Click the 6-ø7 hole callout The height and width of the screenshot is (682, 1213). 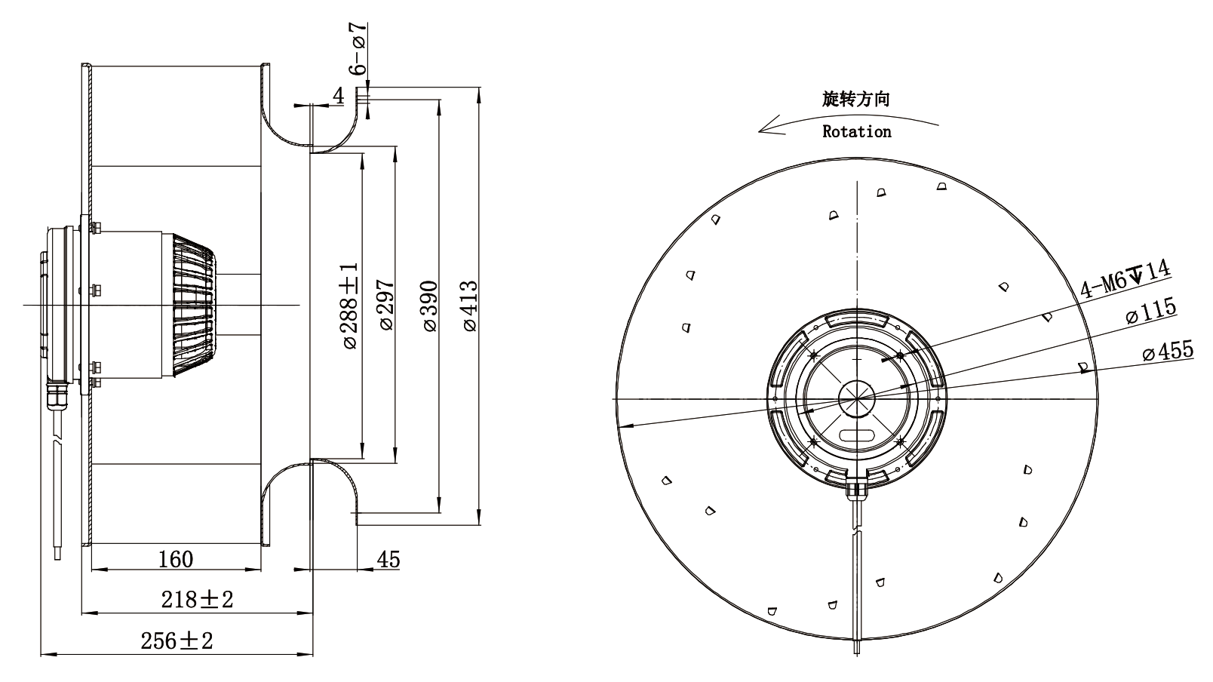click(x=358, y=49)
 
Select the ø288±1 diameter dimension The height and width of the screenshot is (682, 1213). click(x=350, y=306)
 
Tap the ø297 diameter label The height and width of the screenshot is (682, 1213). click(x=387, y=305)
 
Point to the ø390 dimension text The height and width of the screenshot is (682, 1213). click(x=429, y=306)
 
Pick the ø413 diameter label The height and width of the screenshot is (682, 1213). click(x=470, y=306)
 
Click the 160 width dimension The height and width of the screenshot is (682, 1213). click(x=176, y=559)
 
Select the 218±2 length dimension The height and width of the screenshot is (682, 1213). click(x=197, y=600)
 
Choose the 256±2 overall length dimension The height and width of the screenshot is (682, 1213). click(x=177, y=641)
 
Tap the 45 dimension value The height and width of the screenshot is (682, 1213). click(x=388, y=560)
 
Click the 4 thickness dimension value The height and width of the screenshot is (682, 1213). click(x=339, y=96)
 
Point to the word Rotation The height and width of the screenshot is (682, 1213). click(x=857, y=131)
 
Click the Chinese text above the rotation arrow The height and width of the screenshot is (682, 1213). click(x=855, y=99)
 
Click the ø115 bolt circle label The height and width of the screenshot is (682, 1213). click(x=1150, y=310)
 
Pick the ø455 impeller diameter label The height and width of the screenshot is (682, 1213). click(x=1168, y=351)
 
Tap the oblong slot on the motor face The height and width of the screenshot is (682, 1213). click(x=857, y=435)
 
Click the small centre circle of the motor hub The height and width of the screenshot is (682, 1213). click(x=857, y=399)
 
